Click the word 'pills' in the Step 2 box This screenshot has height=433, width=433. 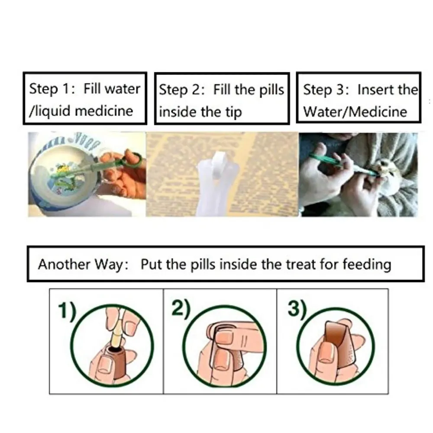tap(271, 90)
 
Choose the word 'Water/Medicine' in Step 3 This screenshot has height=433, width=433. tap(355, 112)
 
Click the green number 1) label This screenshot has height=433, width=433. tap(66, 311)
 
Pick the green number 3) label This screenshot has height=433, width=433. tap(296, 309)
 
